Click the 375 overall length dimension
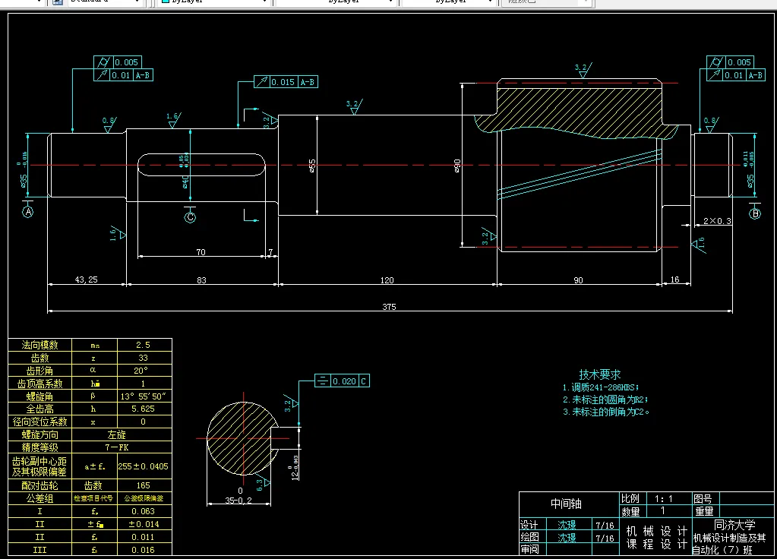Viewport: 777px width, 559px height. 389,307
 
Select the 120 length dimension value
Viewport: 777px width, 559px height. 387,280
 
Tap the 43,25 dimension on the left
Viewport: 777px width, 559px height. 86,279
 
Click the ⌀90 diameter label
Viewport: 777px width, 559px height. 457,165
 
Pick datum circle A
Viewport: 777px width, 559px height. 29,213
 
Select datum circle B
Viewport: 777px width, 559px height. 755,213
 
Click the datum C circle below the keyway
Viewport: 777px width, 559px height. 190,217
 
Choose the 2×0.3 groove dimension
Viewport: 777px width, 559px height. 718,221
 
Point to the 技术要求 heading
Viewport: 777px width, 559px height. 600,374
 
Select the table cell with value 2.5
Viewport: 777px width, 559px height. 143,345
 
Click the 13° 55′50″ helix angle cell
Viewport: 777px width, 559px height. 143,396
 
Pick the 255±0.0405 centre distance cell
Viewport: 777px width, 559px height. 143,466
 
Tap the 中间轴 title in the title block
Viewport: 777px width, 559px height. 567,504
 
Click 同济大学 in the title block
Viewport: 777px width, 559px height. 734,525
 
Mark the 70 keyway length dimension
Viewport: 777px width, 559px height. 201,251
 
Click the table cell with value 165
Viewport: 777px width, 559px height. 143,485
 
